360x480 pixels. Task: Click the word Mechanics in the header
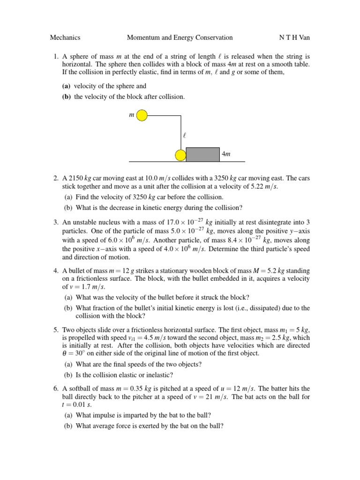click(x=65, y=37)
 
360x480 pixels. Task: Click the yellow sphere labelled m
click(x=142, y=115)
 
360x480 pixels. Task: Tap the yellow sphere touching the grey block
click(x=180, y=155)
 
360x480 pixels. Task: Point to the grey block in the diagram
click(x=202, y=154)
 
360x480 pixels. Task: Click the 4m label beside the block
click(x=226, y=154)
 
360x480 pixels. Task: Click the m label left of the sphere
click(x=131, y=115)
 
